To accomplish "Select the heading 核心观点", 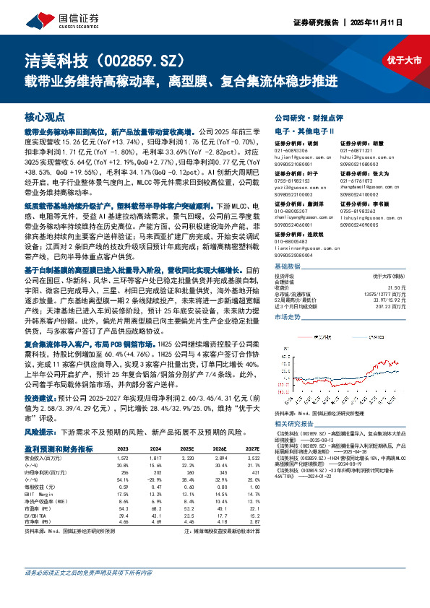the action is pyautogui.click(x=45, y=116).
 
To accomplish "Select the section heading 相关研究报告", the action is pyautogui.click(x=297, y=423).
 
